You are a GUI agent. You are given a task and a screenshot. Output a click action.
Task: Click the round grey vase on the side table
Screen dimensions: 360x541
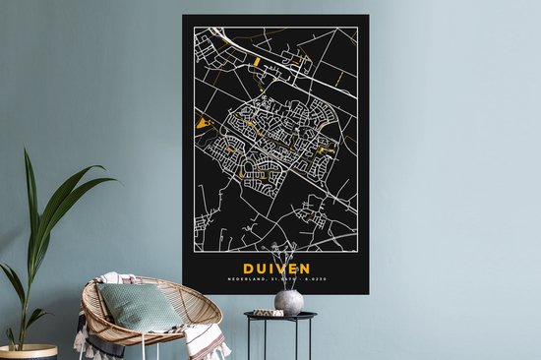click(x=288, y=301)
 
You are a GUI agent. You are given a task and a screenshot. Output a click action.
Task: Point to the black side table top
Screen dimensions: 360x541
click(x=280, y=316)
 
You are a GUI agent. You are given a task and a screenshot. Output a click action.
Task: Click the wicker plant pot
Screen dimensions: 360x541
click(x=27, y=352)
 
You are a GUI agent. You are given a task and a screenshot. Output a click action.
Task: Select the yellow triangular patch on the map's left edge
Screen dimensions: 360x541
click(x=205, y=123)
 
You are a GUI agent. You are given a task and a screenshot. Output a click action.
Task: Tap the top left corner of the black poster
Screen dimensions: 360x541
click(x=183, y=17)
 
